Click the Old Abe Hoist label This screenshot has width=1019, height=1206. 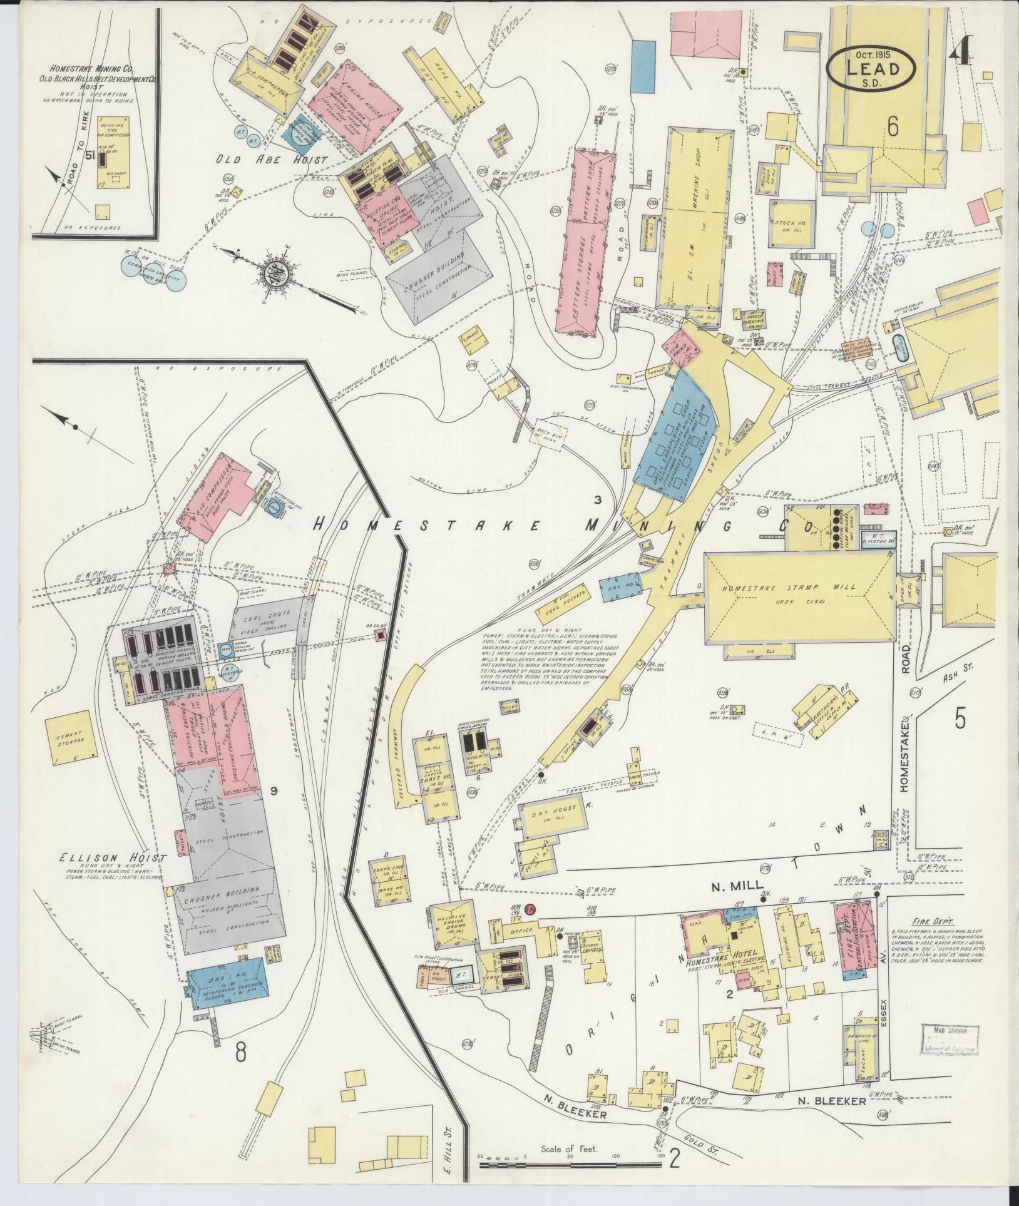tap(272, 160)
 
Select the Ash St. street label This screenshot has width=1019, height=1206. tap(954, 680)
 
